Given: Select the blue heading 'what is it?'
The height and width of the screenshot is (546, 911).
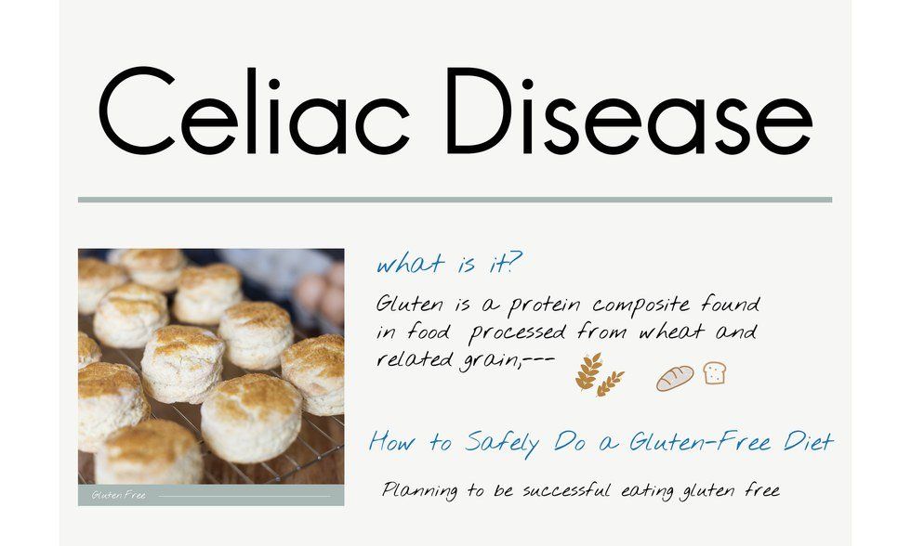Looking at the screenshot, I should tap(449, 266).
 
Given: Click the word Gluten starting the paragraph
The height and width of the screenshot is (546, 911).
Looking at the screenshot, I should tap(410, 305).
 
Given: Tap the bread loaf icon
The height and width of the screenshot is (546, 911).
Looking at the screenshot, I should tap(675, 377).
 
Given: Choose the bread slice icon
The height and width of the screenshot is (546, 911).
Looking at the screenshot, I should tap(715, 373).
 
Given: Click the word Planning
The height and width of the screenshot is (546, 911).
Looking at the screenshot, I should tap(421, 490).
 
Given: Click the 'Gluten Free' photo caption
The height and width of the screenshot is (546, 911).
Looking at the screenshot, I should tap(119, 496).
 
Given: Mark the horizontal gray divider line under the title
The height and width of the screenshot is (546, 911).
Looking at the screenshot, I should tap(455, 199).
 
